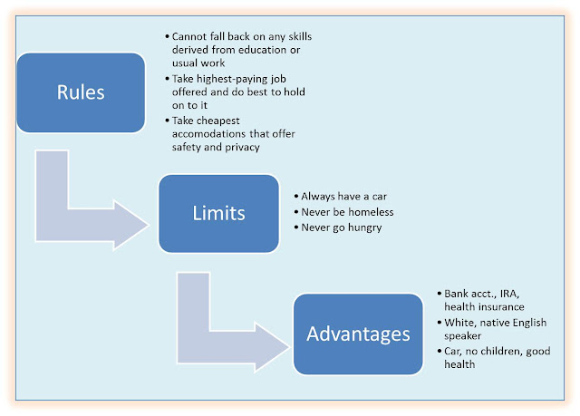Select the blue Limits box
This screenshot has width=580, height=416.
217,213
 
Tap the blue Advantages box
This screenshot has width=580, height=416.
357,334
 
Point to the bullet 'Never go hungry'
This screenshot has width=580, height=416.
342,227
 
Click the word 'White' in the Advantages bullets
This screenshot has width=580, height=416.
459,323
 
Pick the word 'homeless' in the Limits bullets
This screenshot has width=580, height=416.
369,212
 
